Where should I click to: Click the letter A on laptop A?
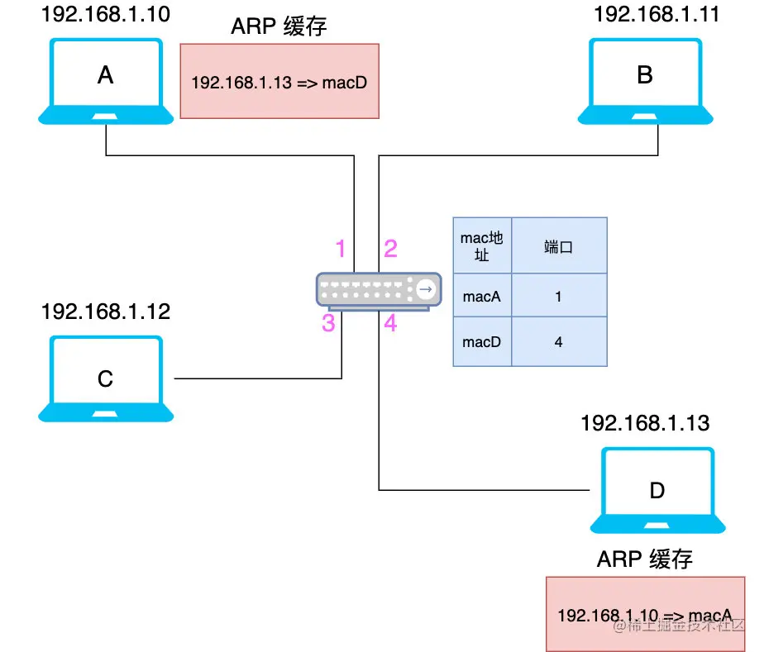(106, 75)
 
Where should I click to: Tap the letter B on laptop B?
(645, 75)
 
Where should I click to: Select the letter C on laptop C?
(105, 378)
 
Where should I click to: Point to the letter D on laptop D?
(657, 490)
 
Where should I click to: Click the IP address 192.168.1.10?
(106, 14)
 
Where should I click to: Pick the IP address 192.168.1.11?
(657, 14)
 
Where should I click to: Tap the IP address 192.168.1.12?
(106, 312)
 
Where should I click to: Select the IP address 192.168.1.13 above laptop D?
(645, 423)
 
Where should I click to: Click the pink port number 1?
(341, 249)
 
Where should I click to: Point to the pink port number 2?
(390, 249)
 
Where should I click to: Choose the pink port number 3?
(328, 323)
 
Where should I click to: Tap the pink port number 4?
(390, 323)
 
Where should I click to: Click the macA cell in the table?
(482, 295)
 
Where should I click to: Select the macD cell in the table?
(482, 341)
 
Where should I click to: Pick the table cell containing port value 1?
(559, 295)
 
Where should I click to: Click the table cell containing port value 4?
(559, 341)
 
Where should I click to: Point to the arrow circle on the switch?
(426, 289)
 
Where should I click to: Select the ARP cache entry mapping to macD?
(279, 83)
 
